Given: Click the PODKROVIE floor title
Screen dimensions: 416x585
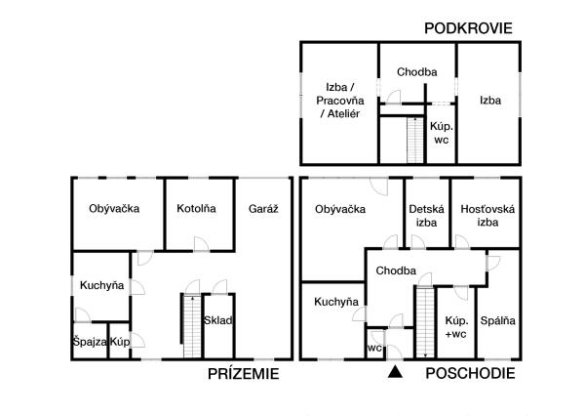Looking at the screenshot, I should coord(467,28).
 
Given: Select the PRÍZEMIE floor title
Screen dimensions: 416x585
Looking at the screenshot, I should coord(244,374).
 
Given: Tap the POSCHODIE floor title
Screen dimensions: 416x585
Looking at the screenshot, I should coord(472,374).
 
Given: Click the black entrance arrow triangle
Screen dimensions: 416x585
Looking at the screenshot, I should coord(394,372).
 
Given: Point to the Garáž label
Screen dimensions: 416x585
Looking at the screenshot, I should coord(263,209).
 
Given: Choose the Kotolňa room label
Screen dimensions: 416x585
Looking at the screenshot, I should coord(196,209).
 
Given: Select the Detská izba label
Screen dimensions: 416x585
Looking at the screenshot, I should coord(426,215).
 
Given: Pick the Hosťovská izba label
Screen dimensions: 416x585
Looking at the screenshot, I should coord(486,215).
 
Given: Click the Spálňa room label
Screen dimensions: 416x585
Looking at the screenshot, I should coord(498,321).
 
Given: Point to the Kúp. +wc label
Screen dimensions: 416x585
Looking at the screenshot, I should coord(455,327).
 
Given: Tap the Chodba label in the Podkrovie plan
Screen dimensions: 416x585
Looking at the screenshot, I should coord(417,72).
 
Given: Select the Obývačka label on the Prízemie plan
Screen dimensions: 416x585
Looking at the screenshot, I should coord(114,209).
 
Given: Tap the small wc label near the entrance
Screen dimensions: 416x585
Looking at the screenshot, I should coord(374,348).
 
